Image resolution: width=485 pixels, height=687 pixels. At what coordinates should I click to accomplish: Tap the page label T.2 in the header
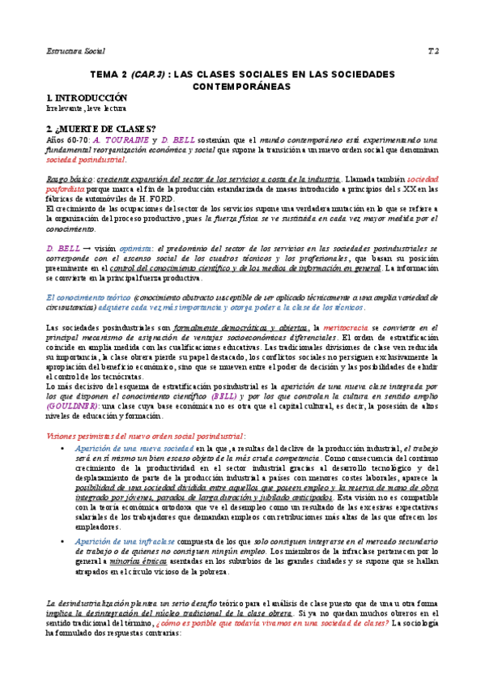pyautogui.click(x=432, y=51)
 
